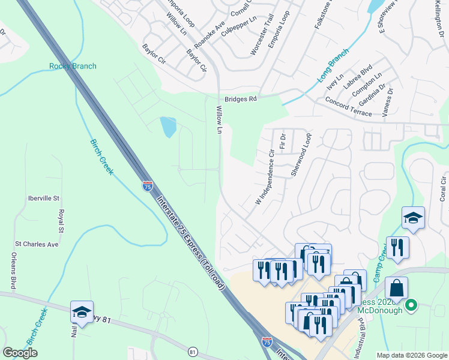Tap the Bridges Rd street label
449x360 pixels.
[x=241, y=99]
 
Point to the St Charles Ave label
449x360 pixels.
[x=36, y=244]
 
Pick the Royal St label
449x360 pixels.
[x=61, y=221]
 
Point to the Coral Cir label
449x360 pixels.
[x=443, y=188]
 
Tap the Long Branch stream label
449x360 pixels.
[x=333, y=65]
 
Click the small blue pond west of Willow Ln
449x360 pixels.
[x=169, y=127]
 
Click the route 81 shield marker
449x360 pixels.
[x=192, y=351]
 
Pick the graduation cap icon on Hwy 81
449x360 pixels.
[x=82, y=312]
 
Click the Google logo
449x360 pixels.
[x=20, y=353]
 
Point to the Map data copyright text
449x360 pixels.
[x=411, y=355]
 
